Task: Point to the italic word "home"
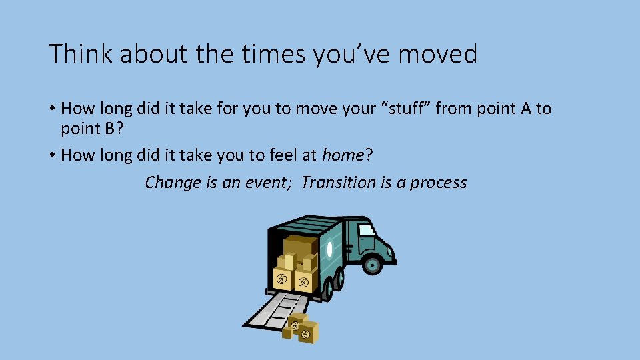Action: (343, 155)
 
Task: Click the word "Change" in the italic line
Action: (173, 182)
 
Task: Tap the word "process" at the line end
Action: (438, 182)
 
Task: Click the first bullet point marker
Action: (51, 109)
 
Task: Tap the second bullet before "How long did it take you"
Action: (51, 156)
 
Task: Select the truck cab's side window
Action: (367, 230)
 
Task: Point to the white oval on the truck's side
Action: (329, 252)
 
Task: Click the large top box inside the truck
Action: (299, 245)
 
